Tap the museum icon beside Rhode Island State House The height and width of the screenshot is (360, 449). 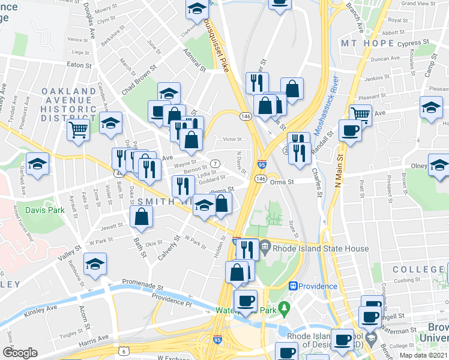tap(265, 247)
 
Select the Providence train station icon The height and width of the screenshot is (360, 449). tap(294, 286)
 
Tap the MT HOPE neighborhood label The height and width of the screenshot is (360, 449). tap(367, 44)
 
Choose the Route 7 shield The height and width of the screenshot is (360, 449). tap(214, 164)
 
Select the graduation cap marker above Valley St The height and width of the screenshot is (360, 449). tap(95, 265)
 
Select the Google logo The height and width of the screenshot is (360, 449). tap(20, 353)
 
